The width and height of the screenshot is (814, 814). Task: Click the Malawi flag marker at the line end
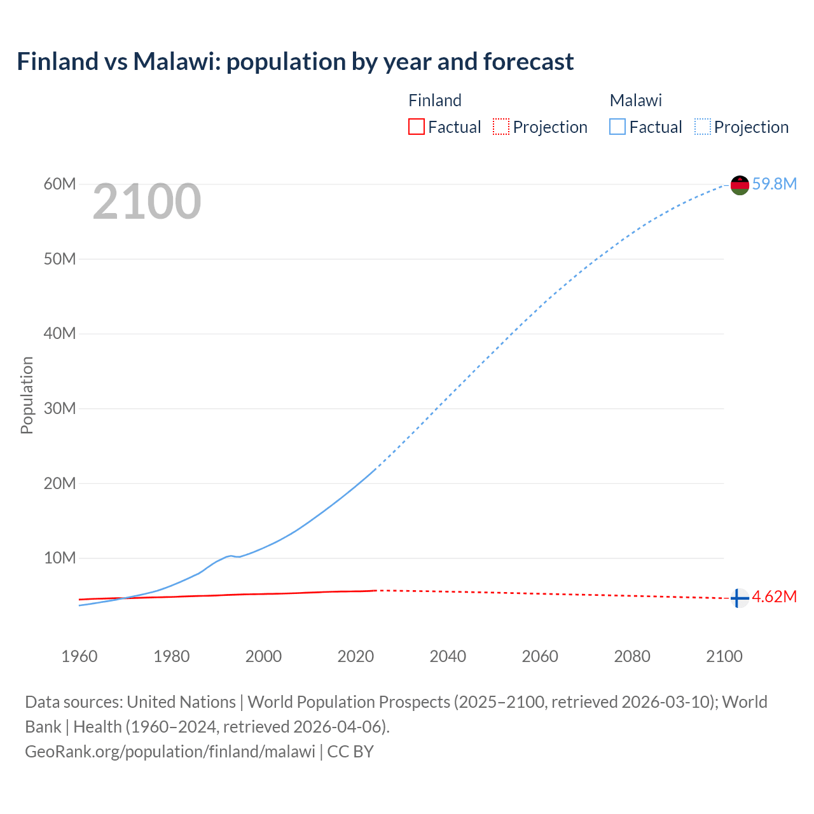(740, 185)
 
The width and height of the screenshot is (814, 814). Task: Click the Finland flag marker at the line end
(739, 598)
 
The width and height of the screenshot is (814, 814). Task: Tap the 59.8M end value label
(774, 184)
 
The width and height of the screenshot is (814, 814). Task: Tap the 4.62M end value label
(774, 597)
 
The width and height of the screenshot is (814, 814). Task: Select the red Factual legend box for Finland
(416, 127)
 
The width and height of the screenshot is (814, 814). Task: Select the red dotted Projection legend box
(501, 127)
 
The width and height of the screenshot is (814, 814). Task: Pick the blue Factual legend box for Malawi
(617, 127)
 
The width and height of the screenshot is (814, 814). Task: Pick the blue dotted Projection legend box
(703, 127)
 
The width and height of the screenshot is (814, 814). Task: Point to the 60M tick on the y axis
(60, 184)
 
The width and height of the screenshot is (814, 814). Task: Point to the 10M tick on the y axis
(60, 558)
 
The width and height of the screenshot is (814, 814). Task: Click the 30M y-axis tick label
(60, 408)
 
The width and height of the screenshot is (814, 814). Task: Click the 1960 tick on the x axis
(79, 656)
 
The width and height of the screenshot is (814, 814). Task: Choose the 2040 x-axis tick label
(448, 656)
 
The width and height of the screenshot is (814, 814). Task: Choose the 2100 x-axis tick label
(724, 656)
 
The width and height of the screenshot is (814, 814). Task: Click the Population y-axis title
(27, 395)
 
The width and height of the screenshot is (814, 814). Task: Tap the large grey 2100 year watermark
(147, 202)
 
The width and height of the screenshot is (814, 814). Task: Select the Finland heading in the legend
(435, 100)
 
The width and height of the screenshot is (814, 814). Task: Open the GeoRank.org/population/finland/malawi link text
(170, 752)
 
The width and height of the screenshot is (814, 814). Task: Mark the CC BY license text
(350, 752)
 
